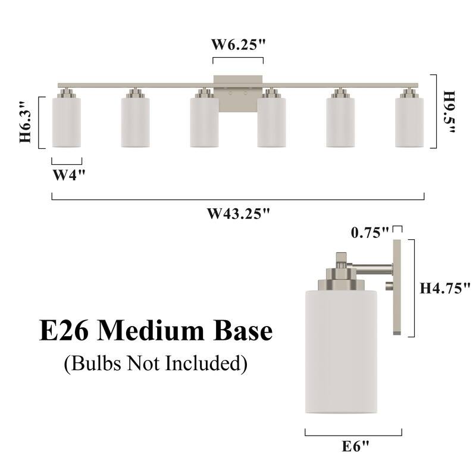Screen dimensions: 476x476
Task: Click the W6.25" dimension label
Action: pos(238,45)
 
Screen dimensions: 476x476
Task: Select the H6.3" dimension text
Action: pos(25,122)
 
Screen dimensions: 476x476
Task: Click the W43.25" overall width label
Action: pos(238,214)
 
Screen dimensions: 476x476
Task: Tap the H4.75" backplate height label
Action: pos(445,289)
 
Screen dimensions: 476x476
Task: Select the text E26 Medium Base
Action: pos(156,331)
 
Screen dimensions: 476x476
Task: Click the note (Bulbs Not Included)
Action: pos(155,362)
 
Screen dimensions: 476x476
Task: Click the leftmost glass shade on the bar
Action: pos(66,122)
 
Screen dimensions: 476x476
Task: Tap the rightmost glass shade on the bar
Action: pos(409,122)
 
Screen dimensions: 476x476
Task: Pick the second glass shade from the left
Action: pos(135,122)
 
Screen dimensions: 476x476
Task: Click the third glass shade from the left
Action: pos(204,122)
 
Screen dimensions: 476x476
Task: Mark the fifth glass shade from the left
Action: pos(340,122)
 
